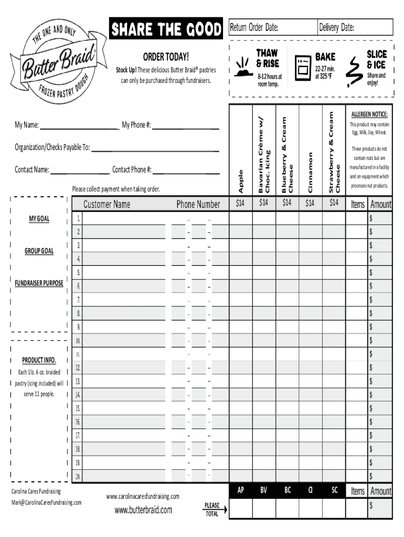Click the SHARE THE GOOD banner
pos(166,30)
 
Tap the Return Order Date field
pos(272,27)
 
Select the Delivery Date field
pos(355,27)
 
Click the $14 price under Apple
pos(240,203)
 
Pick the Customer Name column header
pos(107,204)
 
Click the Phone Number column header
pos(198,204)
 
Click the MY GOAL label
pos(39,218)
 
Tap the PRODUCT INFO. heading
pos(39,360)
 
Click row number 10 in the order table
pos(78,341)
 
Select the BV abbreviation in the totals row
pos(263,490)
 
